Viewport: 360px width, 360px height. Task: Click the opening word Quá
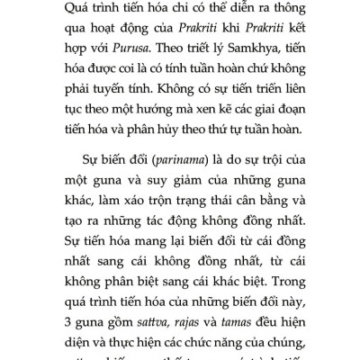click(x=58, y=9)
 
